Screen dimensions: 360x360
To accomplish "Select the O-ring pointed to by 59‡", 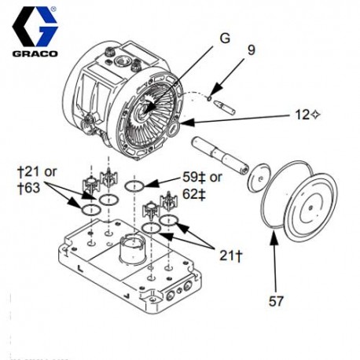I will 135,185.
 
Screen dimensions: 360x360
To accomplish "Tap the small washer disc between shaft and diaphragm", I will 255,178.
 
